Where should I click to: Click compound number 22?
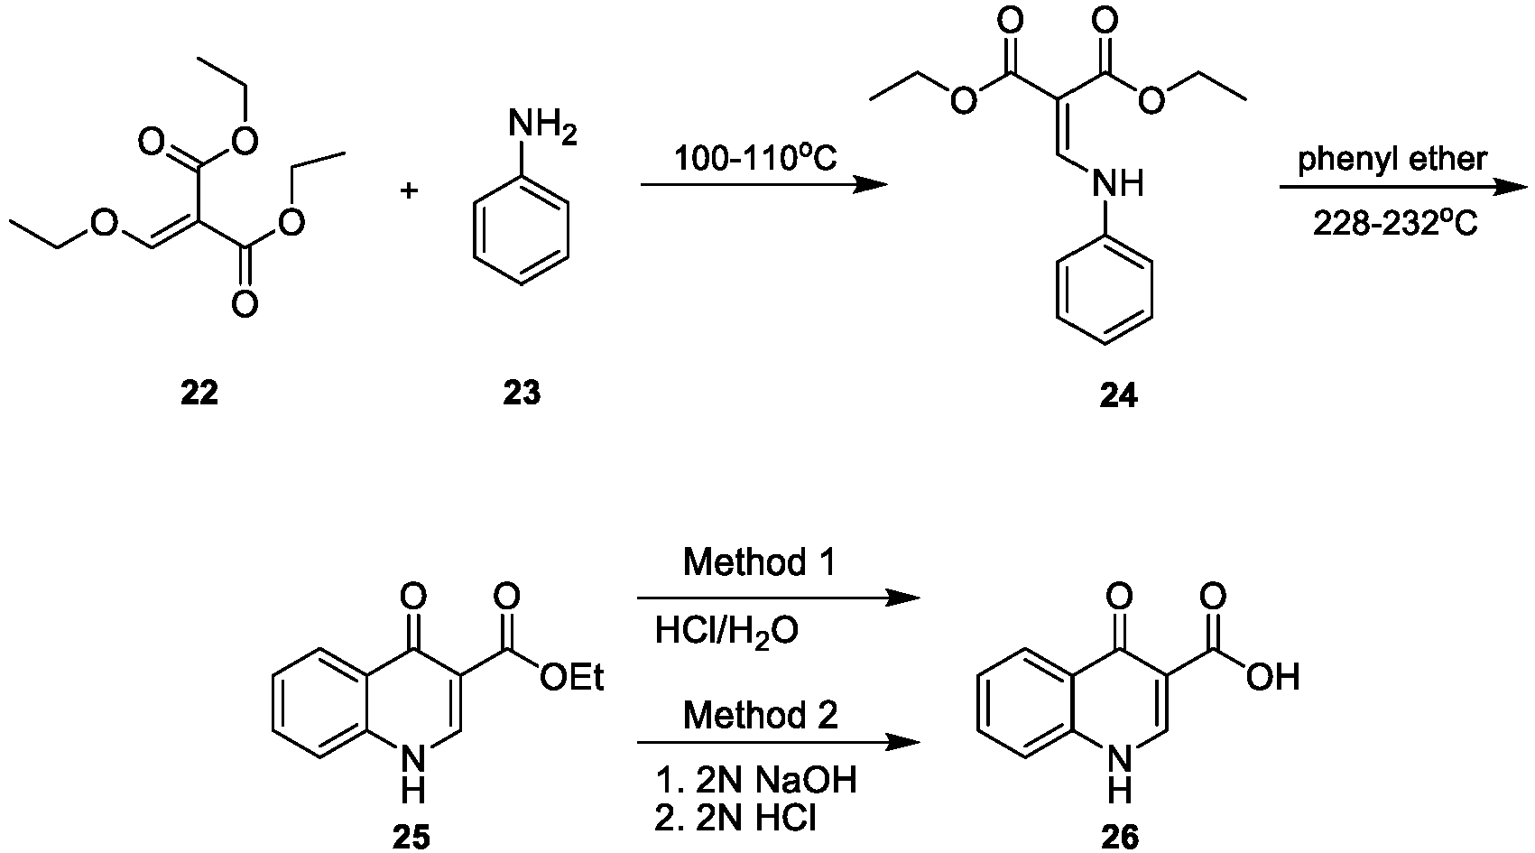coord(199,393)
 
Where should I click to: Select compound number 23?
coord(522,393)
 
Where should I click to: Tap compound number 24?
coord(1118,395)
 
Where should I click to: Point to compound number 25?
coord(411,838)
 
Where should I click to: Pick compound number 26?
coord(1120,838)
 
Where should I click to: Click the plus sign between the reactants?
coord(409,190)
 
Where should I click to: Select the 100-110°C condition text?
coord(756,159)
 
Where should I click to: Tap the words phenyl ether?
coord(1392,160)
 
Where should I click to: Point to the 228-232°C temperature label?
coord(1395,224)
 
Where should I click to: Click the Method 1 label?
coord(759,562)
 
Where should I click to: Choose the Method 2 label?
coord(761,715)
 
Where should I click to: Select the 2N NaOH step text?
coord(756,780)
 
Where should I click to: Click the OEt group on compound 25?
coord(572,678)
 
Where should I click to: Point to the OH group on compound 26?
coord(1273,678)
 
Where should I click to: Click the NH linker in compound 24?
coord(1118,183)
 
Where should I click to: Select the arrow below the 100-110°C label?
coord(763,184)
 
